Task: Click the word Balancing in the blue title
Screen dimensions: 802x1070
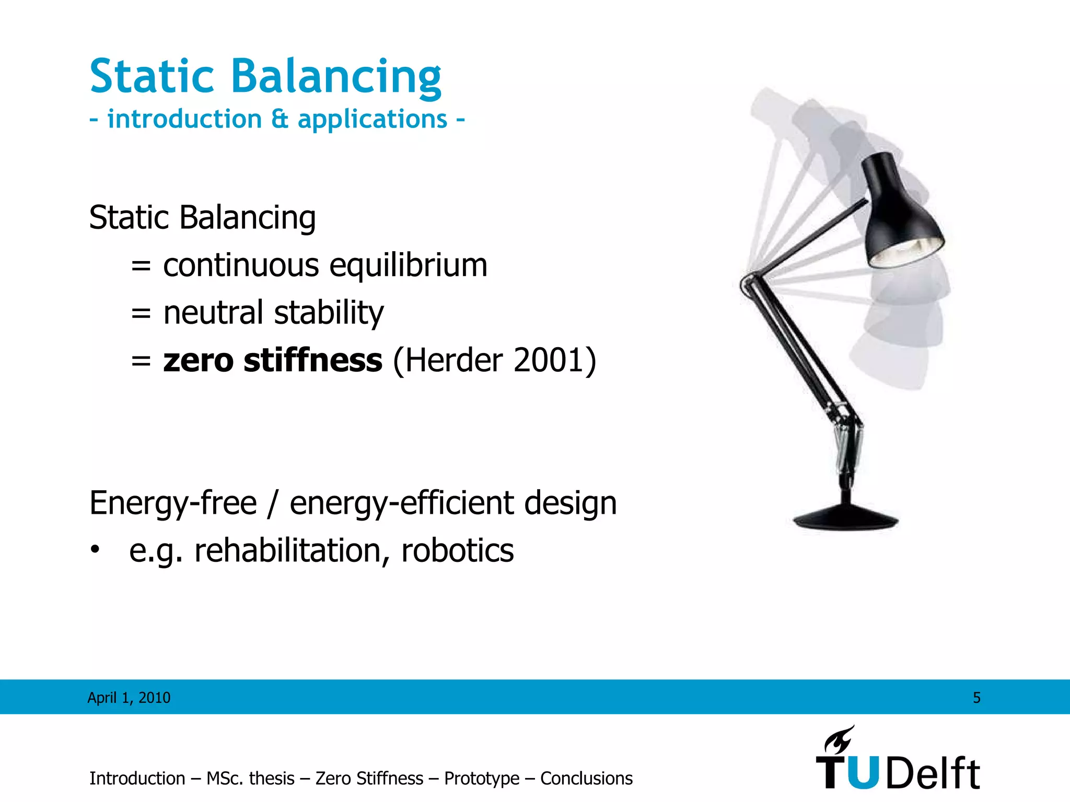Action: click(x=336, y=77)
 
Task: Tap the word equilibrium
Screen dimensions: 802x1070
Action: click(x=408, y=265)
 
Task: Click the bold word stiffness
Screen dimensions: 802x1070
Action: click(x=312, y=360)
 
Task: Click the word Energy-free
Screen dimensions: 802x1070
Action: click(x=173, y=503)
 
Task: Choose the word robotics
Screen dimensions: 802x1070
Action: click(x=457, y=551)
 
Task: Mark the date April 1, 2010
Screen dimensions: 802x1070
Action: click(x=129, y=698)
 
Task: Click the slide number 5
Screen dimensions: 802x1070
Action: click(x=976, y=698)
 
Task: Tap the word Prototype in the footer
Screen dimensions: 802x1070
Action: click(x=481, y=779)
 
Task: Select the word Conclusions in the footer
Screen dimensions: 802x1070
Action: click(x=586, y=779)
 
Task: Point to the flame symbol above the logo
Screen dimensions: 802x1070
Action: click(x=839, y=739)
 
